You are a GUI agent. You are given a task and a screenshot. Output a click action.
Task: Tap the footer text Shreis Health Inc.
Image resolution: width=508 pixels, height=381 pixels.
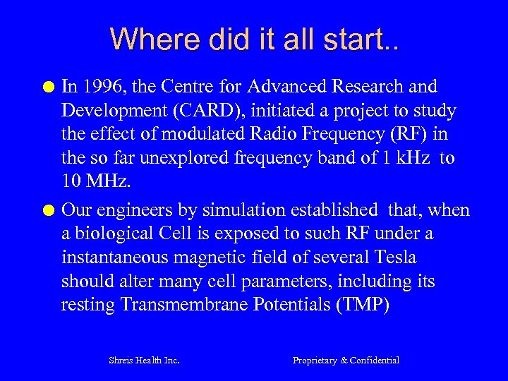(144, 361)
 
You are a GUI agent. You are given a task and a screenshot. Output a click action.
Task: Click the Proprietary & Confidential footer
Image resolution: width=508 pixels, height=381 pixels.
(346, 361)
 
